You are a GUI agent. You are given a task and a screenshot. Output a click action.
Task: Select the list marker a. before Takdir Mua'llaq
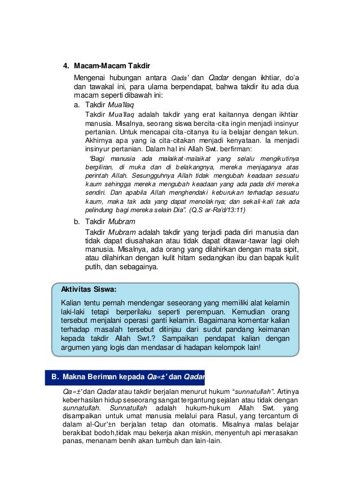pyautogui.click(x=78, y=104)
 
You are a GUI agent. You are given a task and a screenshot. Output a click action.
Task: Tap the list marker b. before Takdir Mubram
pyautogui.click(x=78, y=221)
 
